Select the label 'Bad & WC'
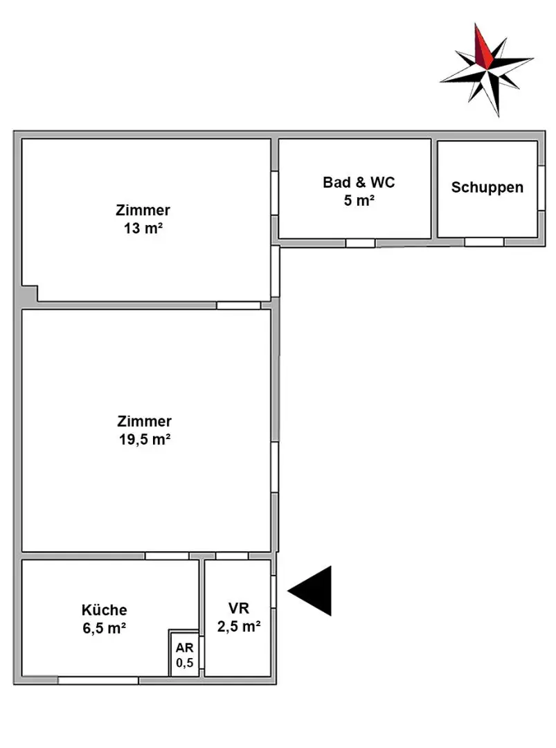(x=359, y=183)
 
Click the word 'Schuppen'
(x=487, y=187)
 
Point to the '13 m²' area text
(x=143, y=229)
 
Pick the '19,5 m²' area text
(x=145, y=439)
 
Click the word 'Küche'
(x=105, y=610)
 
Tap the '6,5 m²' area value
(x=105, y=629)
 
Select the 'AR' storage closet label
(x=184, y=648)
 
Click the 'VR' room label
(x=237, y=609)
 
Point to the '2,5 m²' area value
(x=238, y=627)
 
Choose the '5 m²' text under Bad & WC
(x=359, y=202)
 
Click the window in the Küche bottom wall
(x=98, y=681)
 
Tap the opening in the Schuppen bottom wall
(x=484, y=242)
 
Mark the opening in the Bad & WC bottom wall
(x=360, y=242)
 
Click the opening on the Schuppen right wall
(x=541, y=188)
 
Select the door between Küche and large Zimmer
(x=166, y=555)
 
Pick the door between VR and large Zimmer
(x=231, y=555)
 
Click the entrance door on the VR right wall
(x=274, y=591)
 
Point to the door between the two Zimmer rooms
(x=238, y=305)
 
